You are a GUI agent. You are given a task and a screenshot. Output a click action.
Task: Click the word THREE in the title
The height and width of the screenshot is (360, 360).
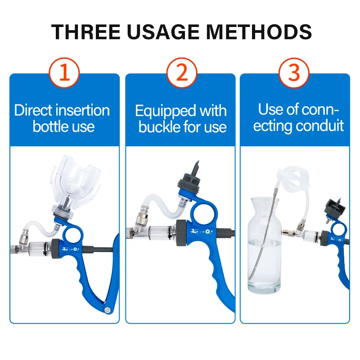click(x=85, y=31)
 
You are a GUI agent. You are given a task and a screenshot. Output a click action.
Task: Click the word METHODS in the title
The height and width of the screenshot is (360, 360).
click(x=259, y=31)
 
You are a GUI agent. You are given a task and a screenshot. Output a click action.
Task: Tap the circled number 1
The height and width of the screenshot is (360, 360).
click(x=64, y=72)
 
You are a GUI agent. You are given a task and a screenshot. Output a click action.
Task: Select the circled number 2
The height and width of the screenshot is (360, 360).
click(x=182, y=72)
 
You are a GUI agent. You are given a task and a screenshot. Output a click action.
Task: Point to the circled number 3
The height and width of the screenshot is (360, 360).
click(x=294, y=72)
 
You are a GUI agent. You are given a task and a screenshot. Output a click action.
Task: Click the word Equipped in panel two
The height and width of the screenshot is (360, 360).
click(x=165, y=112)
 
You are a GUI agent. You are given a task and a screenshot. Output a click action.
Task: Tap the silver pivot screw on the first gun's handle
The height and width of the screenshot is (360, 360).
click(x=107, y=310)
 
